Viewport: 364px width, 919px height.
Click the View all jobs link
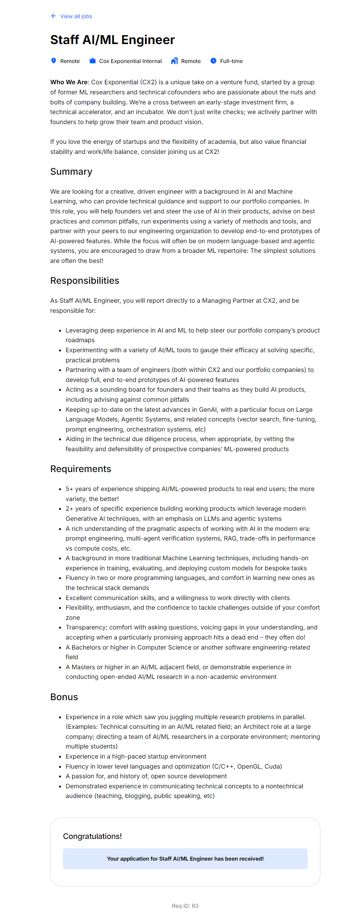pos(76,16)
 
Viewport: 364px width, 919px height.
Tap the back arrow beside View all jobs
pos(54,16)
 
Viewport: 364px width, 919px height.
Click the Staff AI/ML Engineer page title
pos(112,40)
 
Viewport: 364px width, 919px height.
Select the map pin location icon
pos(54,61)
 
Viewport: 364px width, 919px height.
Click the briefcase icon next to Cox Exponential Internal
pos(93,61)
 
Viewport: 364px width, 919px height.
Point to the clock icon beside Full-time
pos(213,61)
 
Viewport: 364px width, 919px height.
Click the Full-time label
pos(231,61)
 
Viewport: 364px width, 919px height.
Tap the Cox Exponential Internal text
pos(130,61)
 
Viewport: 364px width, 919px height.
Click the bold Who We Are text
pos(69,82)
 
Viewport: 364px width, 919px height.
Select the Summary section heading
pos(71,172)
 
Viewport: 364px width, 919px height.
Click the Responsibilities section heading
pos(85,281)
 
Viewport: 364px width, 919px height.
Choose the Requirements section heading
pos(81,469)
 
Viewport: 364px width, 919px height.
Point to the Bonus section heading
pos(64,697)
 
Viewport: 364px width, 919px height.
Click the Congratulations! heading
pos(92,836)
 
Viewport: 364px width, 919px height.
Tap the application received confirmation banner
pos(185,859)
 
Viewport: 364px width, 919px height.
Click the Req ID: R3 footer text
pos(185,906)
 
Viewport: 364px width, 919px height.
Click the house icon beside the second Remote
pos(174,61)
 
